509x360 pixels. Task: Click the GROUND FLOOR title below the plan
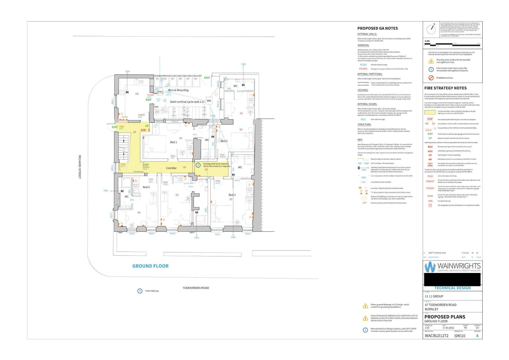[x=150, y=266]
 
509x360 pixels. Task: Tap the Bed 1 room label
[x=174, y=142]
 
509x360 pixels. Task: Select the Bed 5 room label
[x=146, y=187]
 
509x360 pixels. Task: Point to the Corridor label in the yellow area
[x=171, y=168]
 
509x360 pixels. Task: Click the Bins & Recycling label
[x=178, y=90]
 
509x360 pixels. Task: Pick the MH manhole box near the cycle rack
[x=209, y=101]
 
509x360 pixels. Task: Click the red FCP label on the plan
[x=143, y=130]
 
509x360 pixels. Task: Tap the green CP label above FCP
[x=147, y=126]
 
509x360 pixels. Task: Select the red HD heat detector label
[x=137, y=94]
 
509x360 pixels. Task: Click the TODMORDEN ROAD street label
[x=196, y=288]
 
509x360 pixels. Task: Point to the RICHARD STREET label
[x=80, y=167]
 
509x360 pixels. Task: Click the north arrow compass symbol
[x=432, y=29]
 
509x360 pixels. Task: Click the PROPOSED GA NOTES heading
[x=378, y=28]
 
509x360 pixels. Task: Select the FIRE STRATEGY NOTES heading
[x=445, y=88]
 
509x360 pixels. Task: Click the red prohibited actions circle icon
[x=431, y=78]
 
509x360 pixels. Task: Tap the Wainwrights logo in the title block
[x=452, y=267]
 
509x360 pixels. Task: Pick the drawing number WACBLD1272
[x=436, y=336]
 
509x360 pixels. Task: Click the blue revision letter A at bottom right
[x=477, y=336]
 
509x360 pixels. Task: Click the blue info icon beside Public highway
[x=140, y=291]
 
